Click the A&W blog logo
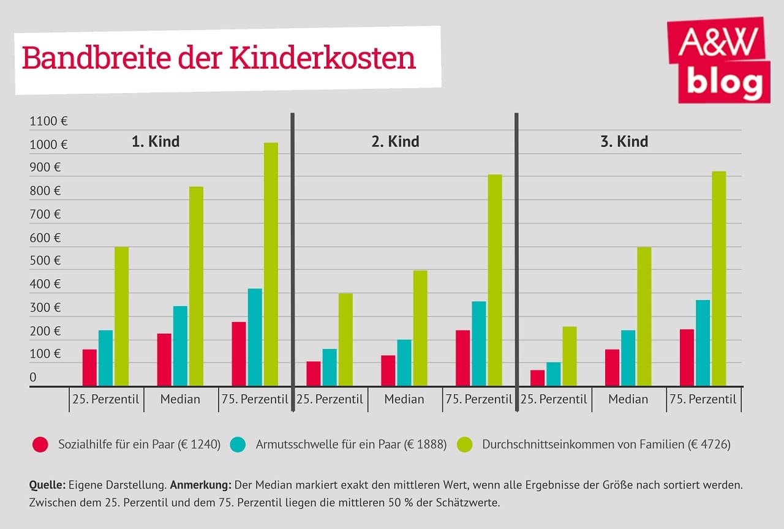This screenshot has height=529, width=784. pyautogui.click(x=718, y=60)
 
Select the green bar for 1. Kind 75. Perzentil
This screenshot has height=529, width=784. pyautogui.click(x=271, y=264)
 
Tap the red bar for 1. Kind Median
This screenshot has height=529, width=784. pyautogui.click(x=164, y=359)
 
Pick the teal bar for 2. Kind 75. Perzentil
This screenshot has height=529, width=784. pyautogui.click(x=479, y=343)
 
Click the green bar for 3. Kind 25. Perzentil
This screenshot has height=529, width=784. pyautogui.click(x=570, y=356)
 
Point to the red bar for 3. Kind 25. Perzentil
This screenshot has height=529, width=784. pyautogui.click(x=537, y=378)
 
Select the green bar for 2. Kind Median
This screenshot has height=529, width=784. pyautogui.click(x=420, y=328)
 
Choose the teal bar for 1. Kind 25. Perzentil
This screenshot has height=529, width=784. pyautogui.click(x=105, y=358)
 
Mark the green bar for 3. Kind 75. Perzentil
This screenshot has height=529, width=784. pyautogui.click(x=718, y=279)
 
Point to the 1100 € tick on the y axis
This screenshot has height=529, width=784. pyautogui.click(x=48, y=121)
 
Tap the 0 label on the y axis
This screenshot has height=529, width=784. pyautogui.click(x=33, y=377)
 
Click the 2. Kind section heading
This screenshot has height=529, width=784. pyautogui.click(x=395, y=141)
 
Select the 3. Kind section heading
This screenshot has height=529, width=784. pyautogui.click(x=624, y=141)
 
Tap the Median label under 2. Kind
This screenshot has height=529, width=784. pyautogui.click(x=404, y=399)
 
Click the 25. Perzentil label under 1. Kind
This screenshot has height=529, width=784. pyautogui.click(x=106, y=399)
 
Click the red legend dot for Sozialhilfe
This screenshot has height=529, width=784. pyautogui.click(x=40, y=445)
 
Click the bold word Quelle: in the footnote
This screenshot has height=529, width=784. pyautogui.click(x=47, y=485)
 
